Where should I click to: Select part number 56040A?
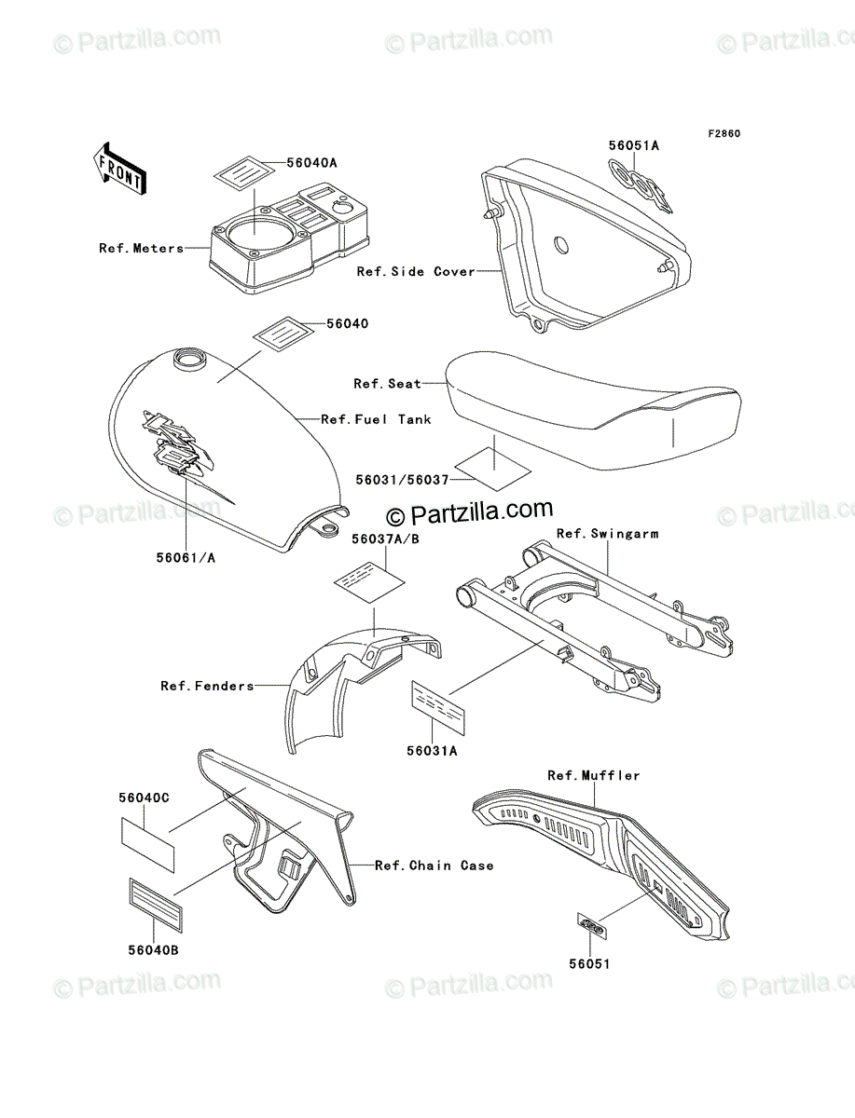(x=285, y=162)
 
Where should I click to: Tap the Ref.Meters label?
(x=142, y=249)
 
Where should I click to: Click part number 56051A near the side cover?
(x=634, y=145)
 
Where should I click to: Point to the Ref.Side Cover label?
(x=416, y=272)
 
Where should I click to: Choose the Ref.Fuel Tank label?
(x=376, y=420)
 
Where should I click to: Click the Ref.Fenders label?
(x=207, y=687)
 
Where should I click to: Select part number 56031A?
(x=432, y=750)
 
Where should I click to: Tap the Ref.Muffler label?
(x=594, y=775)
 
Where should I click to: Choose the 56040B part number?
(x=148, y=950)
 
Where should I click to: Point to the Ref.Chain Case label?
(x=434, y=866)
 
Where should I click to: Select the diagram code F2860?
(x=723, y=134)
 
